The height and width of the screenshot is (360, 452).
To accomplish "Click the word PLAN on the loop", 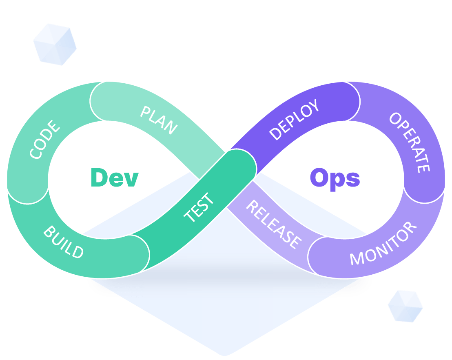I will tap(159, 120).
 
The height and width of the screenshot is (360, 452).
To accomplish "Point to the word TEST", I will tap(199, 208).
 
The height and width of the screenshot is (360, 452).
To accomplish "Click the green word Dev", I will tap(115, 178).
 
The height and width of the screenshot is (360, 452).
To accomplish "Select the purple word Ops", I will tap(335, 178).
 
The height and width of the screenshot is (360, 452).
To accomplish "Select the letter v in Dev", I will tap(131, 180).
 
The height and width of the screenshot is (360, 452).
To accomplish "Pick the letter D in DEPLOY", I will tap(276, 134).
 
